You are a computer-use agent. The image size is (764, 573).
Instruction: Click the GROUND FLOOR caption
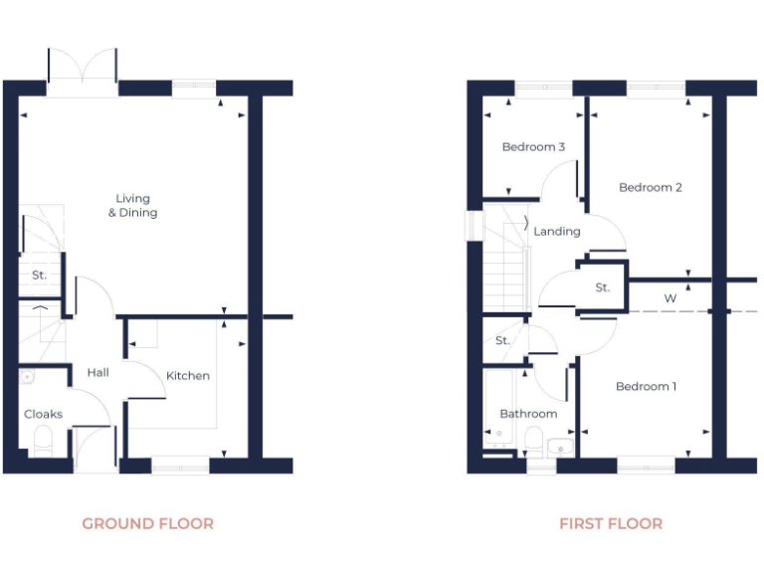147,523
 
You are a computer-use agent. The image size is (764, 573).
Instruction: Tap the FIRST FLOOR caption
610,523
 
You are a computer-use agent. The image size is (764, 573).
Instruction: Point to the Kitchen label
188,375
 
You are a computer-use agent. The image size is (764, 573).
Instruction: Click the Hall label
97,373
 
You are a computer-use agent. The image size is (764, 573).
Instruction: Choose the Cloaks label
43,414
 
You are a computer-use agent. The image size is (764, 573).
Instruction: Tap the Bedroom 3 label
533,147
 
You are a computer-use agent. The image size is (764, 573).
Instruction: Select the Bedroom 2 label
650,187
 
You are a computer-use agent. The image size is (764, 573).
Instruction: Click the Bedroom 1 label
646,386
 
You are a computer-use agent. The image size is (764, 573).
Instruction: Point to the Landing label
557,232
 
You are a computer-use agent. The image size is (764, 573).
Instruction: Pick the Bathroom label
528,414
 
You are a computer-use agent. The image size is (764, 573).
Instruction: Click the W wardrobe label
669,297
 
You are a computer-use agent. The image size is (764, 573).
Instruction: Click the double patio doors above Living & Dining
82,72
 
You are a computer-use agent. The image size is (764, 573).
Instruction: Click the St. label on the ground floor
39,275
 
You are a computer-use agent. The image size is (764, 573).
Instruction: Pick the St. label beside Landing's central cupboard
602,288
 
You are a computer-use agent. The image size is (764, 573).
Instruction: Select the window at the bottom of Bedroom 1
646,465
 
